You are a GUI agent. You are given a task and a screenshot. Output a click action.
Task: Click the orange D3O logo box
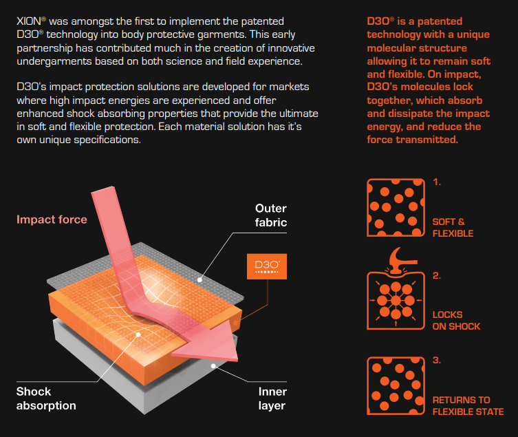(267, 266)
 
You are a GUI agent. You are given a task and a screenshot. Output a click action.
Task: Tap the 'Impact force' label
(52, 220)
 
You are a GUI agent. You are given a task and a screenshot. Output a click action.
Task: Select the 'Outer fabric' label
(271, 215)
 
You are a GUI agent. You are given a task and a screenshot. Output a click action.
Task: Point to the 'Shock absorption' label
(46, 398)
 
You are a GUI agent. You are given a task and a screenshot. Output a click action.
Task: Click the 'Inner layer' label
(272, 398)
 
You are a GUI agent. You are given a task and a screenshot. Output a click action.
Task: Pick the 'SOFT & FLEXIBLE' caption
(453, 227)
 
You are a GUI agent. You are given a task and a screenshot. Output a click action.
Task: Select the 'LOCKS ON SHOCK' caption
(456, 320)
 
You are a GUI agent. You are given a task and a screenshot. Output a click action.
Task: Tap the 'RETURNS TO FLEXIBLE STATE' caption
(468, 405)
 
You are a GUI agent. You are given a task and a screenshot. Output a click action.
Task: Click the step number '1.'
(437, 182)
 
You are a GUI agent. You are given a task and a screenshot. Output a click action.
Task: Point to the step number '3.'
(437, 360)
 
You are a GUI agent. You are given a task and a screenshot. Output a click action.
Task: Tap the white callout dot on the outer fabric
(199, 279)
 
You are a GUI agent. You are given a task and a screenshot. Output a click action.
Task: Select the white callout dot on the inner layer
(213, 366)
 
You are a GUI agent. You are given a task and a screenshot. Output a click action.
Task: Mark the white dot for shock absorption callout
(138, 335)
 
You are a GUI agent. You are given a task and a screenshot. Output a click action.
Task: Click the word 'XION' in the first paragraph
(29, 21)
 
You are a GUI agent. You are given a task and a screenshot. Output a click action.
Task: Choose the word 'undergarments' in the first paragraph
(54, 61)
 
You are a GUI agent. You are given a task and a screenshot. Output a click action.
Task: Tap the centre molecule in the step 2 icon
(396, 301)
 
